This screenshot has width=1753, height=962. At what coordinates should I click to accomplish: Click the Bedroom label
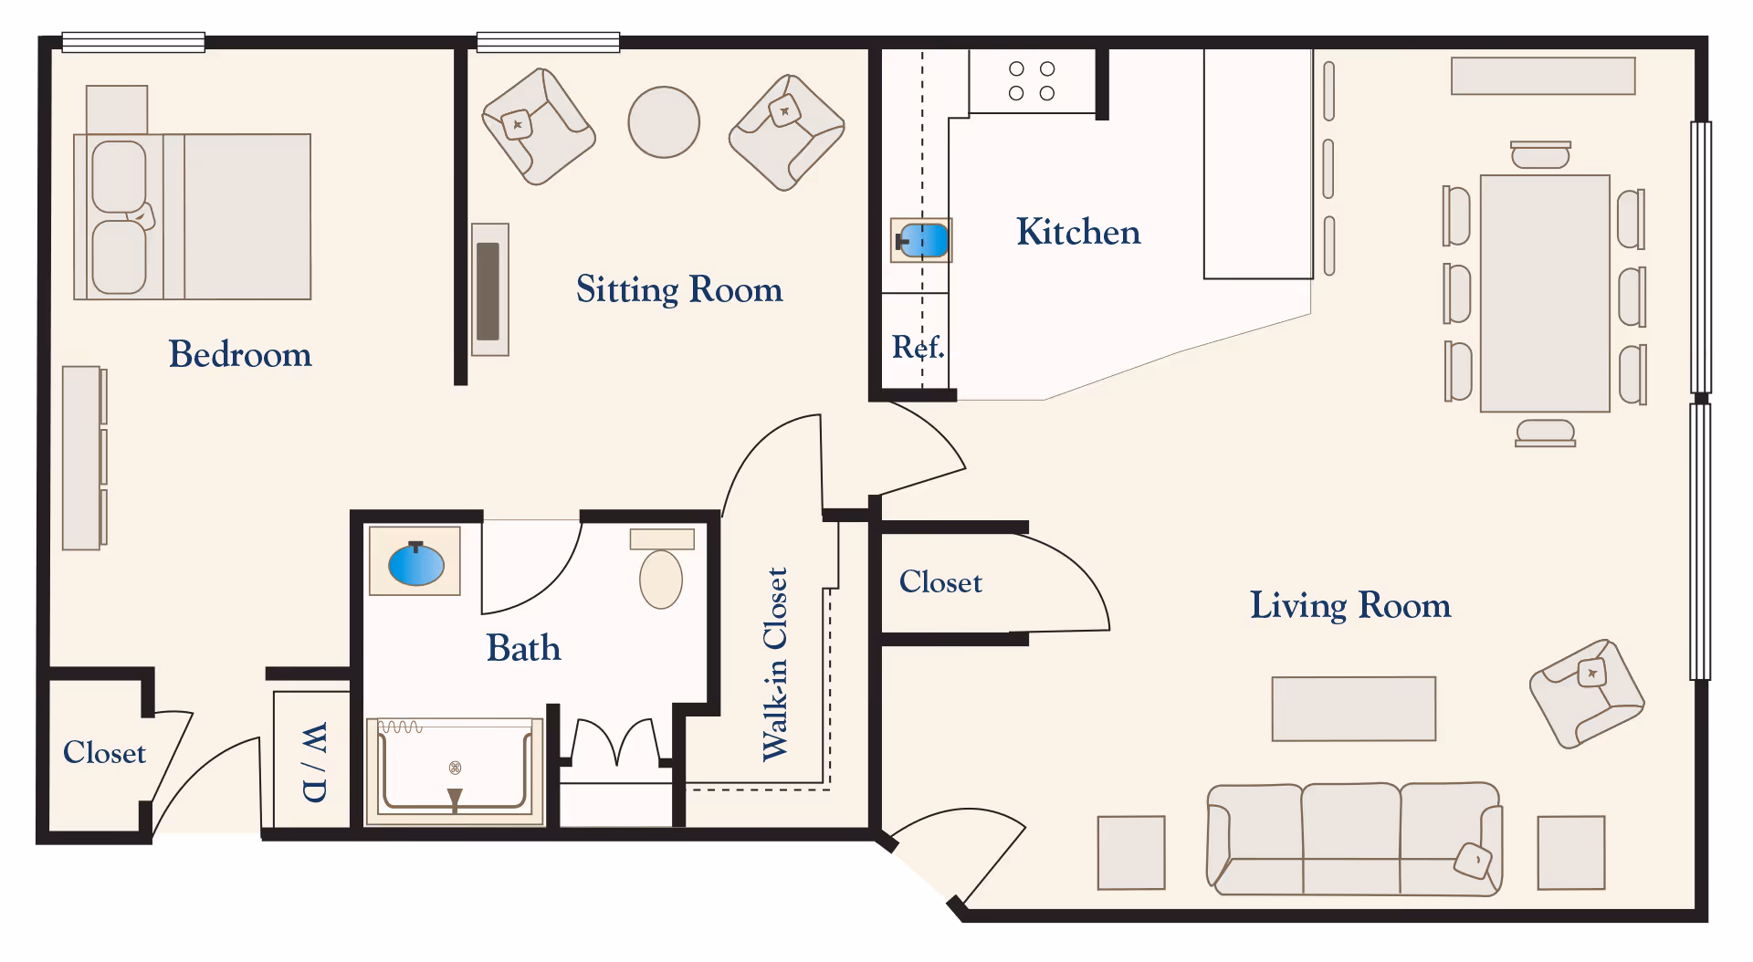pyautogui.click(x=240, y=354)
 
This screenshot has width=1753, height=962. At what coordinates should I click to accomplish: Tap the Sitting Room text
pyautogui.click(x=679, y=289)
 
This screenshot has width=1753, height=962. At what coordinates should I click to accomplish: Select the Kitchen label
pyautogui.click(x=1078, y=232)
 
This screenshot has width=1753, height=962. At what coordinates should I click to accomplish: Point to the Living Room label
pyautogui.click(x=1349, y=605)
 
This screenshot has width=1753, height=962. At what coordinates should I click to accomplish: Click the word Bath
pyautogui.click(x=523, y=648)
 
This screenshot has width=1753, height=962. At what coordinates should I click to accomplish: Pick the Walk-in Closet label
pyautogui.click(x=775, y=664)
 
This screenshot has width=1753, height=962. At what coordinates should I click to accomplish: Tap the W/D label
pyautogui.click(x=313, y=762)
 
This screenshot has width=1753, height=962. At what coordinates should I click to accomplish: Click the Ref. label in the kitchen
pyautogui.click(x=918, y=347)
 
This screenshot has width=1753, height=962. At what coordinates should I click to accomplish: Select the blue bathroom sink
pyautogui.click(x=416, y=564)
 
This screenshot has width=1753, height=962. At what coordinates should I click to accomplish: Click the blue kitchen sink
pyautogui.click(x=922, y=240)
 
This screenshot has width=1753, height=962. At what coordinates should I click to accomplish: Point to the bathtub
pyautogui.click(x=455, y=771)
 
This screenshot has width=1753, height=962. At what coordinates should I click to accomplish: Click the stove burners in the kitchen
pyautogui.click(x=1032, y=81)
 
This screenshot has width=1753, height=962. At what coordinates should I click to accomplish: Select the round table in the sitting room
pyautogui.click(x=664, y=122)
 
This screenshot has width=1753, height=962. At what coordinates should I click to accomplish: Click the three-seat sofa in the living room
pyautogui.click(x=1355, y=839)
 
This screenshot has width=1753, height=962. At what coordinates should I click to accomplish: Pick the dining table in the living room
pyautogui.click(x=1545, y=293)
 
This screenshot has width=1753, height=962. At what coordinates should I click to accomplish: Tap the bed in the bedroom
pyautogui.click(x=193, y=216)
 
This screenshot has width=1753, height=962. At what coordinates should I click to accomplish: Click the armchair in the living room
pyautogui.click(x=1587, y=694)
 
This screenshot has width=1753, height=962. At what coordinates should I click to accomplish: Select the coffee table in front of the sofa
pyautogui.click(x=1354, y=708)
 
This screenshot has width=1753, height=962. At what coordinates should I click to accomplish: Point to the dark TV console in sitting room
pyautogui.click(x=489, y=290)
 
